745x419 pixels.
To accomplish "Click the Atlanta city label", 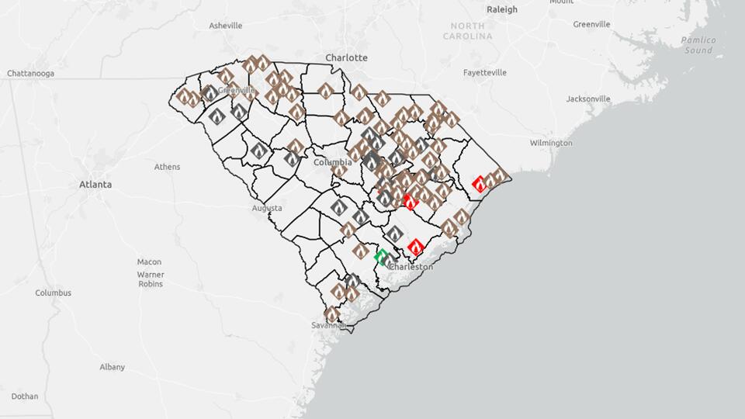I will [x=95, y=185].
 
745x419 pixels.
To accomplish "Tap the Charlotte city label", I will [x=346, y=58].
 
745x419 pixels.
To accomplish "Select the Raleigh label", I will [x=501, y=10].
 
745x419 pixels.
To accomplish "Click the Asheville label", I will [x=226, y=26].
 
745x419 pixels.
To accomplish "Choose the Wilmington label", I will [x=551, y=144].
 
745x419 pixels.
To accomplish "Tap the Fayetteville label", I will [x=485, y=73].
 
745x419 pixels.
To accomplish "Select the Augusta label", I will [x=267, y=209].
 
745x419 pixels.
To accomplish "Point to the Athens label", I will [x=167, y=167].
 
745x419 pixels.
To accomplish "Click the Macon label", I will [x=149, y=262].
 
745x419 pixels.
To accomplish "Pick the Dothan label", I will [x=25, y=396].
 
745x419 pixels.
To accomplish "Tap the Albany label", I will [x=112, y=367].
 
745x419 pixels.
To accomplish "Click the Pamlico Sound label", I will [x=696, y=45].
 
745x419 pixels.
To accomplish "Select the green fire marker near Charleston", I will [x=381, y=256].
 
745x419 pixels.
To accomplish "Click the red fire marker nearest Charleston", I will [x=415, y=247].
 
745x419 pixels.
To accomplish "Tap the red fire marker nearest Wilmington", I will [x=480, y=184].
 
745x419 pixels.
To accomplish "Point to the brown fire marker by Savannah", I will [x=332, y=314].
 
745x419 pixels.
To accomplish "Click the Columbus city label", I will [x=53, y=293].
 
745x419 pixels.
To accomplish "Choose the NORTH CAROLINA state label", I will [x=468, y=31].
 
